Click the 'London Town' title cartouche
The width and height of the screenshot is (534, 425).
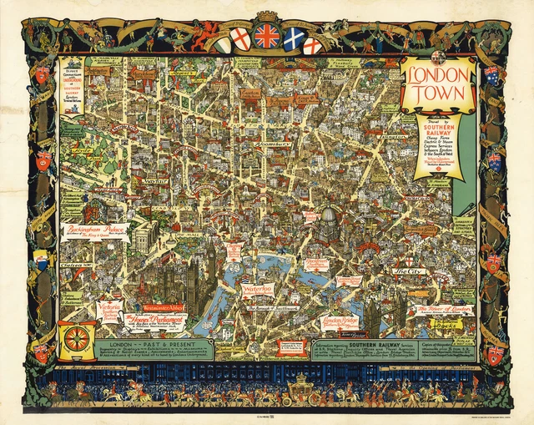pos(438,84)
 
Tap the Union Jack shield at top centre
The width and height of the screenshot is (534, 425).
pos(267,36)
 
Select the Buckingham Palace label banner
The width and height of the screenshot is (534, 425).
pos(94,231)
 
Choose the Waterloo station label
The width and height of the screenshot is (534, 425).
pos(258,291)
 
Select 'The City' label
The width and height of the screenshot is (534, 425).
pos(409,271)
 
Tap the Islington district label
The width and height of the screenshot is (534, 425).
pos(370,137)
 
